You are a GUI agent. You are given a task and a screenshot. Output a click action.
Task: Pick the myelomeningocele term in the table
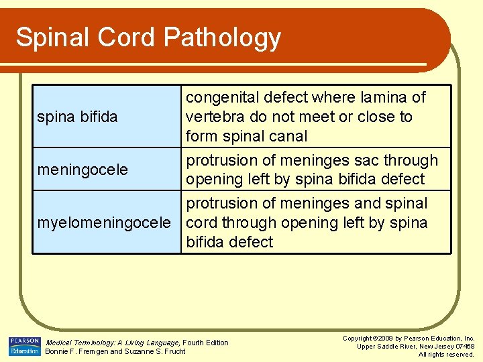click(x=104, y=223)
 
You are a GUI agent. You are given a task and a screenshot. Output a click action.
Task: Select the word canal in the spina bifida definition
click(x=286, y=136)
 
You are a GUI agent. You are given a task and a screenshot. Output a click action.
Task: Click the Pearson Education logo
click(x=25, y=346)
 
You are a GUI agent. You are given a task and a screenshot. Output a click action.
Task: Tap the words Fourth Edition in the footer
click(x=206, y=343)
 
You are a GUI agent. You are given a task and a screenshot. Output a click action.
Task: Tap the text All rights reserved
click(x=446, y=354)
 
